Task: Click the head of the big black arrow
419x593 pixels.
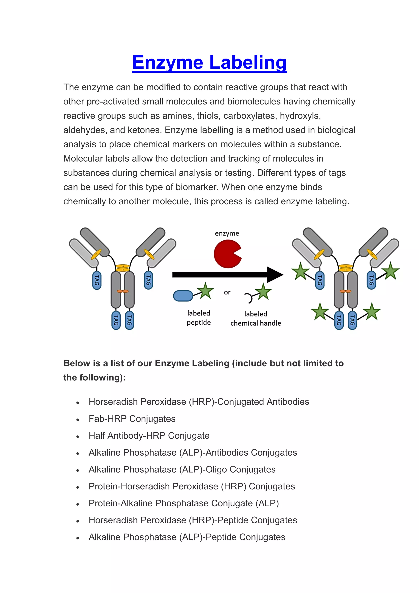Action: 275,275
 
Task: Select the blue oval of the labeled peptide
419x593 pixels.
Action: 183,296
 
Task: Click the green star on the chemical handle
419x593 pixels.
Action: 263,292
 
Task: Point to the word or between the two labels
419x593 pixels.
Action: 227,292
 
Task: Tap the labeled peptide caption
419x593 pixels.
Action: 199,318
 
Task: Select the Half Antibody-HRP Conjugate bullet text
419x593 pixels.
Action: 149,436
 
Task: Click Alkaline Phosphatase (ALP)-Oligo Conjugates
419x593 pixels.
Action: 182,470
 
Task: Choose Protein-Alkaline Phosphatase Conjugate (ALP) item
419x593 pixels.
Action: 184,503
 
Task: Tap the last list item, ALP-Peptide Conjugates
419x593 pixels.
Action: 187,537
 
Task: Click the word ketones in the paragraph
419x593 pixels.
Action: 145,130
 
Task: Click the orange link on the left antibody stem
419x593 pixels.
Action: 123,291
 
